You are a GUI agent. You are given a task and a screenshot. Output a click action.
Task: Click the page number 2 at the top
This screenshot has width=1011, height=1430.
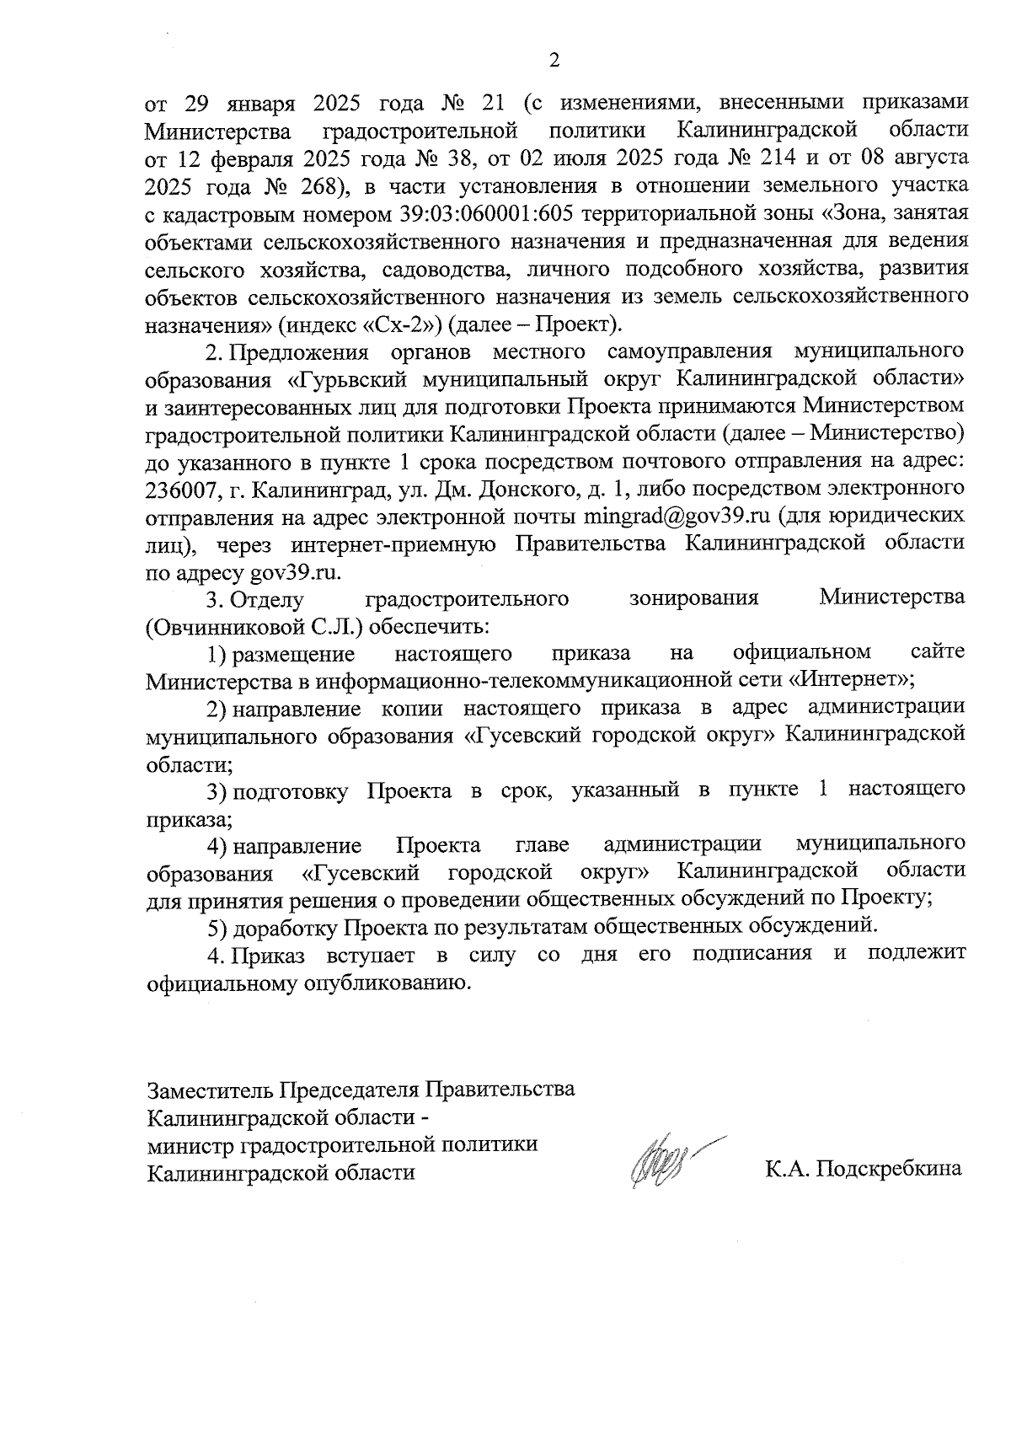[x=554, y=60]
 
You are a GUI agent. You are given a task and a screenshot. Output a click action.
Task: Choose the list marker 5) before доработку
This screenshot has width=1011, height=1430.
[x=217, y=927]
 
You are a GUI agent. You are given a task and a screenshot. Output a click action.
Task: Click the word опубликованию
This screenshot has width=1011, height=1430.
[x=370, y=983]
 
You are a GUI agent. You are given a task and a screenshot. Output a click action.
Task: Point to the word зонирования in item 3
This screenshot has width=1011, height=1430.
[x=694, y=598]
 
